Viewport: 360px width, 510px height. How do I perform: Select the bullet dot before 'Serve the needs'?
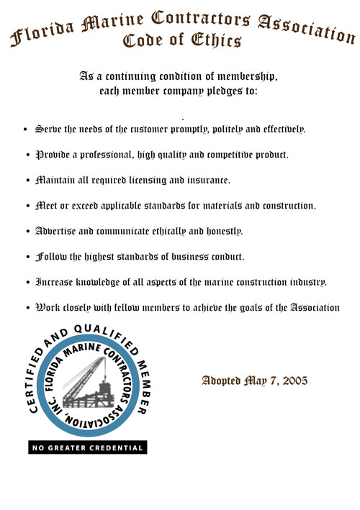pos(26,130)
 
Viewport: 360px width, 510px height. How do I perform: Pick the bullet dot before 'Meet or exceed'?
pos(26,206)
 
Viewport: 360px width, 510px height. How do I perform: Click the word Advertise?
pos(59,231)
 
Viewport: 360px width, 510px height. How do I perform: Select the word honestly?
pos(220,232)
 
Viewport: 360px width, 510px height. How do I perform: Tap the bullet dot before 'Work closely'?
pos(26,309)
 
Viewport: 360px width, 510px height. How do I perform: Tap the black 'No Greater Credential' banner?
pos(87,447)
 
